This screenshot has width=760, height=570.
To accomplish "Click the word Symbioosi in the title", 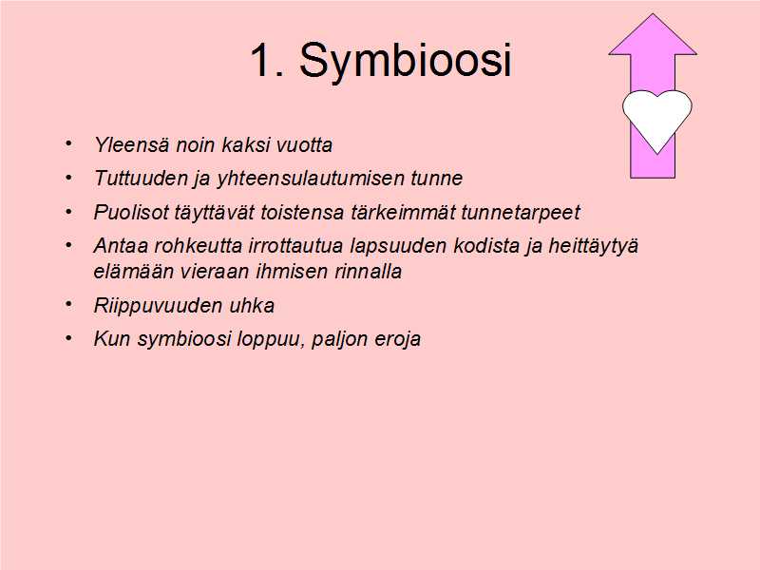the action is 406,61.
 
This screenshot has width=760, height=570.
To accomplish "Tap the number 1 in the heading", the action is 260,59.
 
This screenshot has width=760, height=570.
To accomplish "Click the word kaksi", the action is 245,145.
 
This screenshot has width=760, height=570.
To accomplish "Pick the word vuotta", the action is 304,145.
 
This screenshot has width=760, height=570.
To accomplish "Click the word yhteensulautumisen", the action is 311,179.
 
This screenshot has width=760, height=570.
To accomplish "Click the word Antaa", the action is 121,245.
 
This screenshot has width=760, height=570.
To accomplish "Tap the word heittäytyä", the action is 593,246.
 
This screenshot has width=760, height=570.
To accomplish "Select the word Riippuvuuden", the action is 159,306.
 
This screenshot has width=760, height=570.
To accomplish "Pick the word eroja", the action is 397,339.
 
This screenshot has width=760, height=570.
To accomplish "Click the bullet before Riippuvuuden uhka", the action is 68,304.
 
